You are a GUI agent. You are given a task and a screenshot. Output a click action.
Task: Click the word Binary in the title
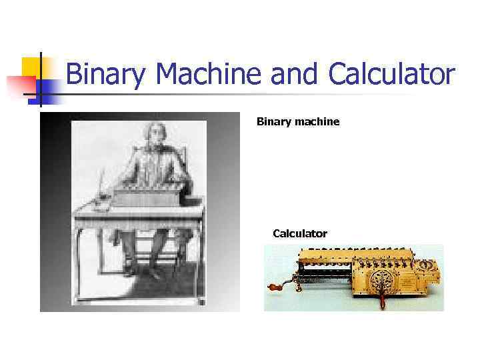(x=107, y=75)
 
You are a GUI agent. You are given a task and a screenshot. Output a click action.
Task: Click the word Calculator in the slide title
(x=391, y=75)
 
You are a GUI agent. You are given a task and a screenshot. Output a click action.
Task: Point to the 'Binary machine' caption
(x=298, y=122)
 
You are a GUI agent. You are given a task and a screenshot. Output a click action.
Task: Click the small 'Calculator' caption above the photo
(x=300, y=233)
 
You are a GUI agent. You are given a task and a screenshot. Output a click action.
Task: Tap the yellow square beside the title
(x=31, y=67)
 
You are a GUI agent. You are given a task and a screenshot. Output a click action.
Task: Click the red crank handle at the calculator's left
(x=273, y=289)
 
